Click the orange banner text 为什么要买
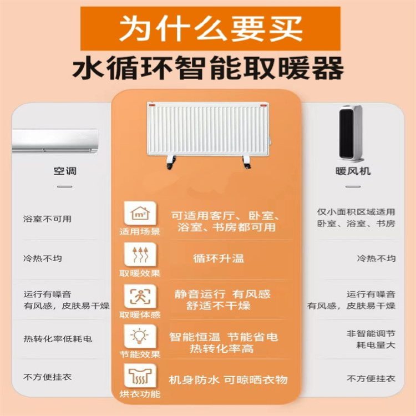[211, 29]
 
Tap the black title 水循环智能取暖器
[208, 68]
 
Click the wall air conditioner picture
[55, 141]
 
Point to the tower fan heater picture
[351, 133]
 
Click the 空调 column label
[65, 171]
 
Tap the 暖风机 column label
[353, 171]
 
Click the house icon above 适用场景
[140, 213]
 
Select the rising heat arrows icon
[140, 254]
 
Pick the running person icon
[140, 296]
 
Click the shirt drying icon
[140, 376]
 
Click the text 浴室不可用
[47, 219]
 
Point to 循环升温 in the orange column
[219, 258]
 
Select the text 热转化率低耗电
[58, 339]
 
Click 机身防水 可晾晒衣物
[228, 379]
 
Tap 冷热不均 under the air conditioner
[43, 258]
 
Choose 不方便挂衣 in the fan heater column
[371, 378]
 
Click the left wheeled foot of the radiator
[171, 162]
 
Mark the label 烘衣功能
[140, 394]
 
